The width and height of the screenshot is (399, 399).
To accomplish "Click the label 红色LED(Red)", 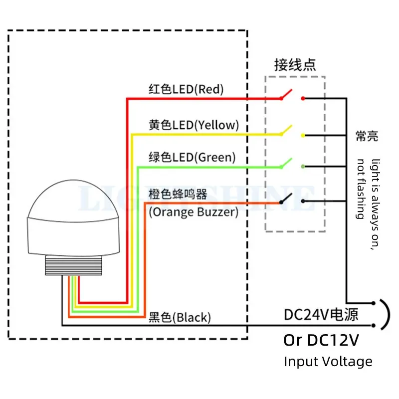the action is point(186,89).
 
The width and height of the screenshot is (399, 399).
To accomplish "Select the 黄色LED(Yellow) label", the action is point(194,125).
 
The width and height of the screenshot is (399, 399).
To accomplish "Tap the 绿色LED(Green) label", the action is point(192,157).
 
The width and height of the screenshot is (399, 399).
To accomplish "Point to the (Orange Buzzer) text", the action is point(194,212).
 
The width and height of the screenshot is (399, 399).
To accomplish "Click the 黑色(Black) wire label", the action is point(180,317).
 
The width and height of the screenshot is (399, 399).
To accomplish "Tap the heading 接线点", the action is point(295,65).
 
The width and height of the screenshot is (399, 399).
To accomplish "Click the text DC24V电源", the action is point(321,315).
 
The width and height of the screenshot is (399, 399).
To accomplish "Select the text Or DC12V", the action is point(321,340).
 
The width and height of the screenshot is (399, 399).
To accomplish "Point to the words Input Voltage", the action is point(328,362).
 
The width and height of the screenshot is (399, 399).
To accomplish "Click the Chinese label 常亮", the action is point(367,136).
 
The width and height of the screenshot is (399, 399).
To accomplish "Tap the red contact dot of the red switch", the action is point(303,98).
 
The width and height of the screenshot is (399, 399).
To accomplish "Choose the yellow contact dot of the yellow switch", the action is point(303,135).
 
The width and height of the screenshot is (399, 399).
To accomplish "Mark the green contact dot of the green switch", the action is point(303,167).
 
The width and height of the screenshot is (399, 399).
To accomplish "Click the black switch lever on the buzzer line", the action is point(286,198).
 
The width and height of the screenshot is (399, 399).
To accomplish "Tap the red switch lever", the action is point(286,94).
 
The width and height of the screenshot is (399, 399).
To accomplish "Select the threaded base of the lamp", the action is point(73,265).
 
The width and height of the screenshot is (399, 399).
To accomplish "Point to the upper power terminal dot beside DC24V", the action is point(373,303).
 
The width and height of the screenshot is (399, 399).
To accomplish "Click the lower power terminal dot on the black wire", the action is point(373,326).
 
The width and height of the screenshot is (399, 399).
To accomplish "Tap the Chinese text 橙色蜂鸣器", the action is point(178,195).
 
